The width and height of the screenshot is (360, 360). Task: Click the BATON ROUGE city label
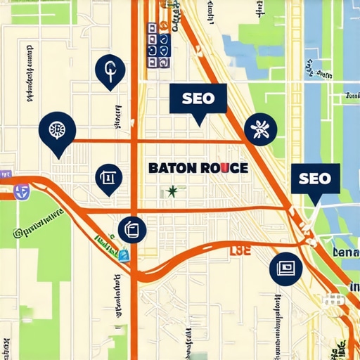[198, 169]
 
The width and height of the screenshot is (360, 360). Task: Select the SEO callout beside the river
[314, 179]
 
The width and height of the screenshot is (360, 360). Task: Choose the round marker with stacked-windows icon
[285, 268]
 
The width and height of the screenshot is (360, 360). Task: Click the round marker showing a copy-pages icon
[131, 229]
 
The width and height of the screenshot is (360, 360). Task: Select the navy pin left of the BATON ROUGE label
[108, 179]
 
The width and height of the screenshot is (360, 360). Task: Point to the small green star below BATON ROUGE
[172, 191]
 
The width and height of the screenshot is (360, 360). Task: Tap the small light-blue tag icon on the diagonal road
[124, 255]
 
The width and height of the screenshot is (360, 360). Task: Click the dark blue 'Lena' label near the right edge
[346, 252]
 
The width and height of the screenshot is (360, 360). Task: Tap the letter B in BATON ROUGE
[153, 169]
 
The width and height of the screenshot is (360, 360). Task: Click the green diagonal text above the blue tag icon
[105, 243]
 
